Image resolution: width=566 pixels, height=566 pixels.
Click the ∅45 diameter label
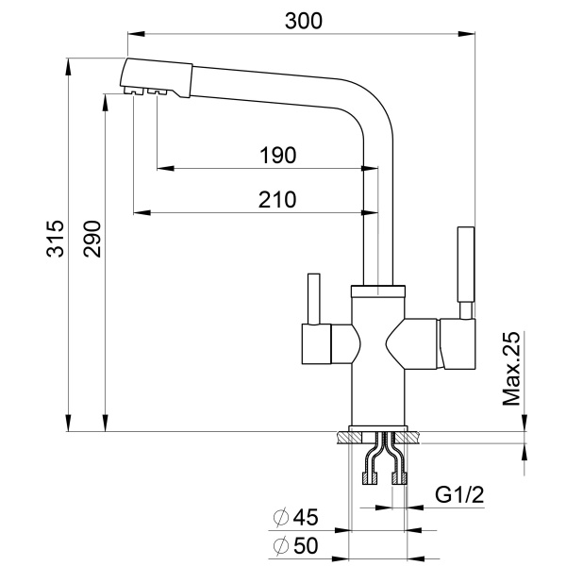coord(296,517)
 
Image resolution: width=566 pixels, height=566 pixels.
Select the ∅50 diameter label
coord(296,544)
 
